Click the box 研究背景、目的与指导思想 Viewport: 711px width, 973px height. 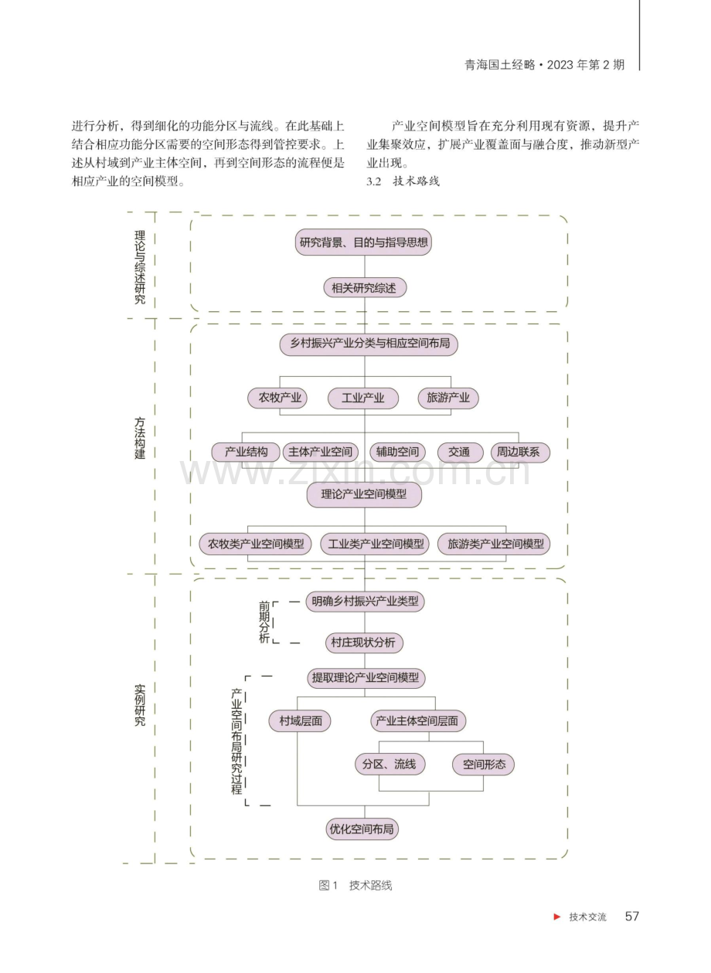click(x=363, y=242)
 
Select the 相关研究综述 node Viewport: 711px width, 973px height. click(x=365, y=287)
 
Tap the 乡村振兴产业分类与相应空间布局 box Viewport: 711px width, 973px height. click(x=369, y=343)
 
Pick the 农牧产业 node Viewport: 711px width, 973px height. click(x=277, y=398)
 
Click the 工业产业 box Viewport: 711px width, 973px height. click(x=363, y=398)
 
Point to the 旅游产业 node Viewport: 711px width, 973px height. click(x=448, y=398)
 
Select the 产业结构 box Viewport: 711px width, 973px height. click(x=246, y=453)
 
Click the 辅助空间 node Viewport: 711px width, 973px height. click(x=397, y=453)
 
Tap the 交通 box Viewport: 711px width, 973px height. click(x=460, y=453)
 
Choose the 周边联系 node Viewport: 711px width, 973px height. click(x=520, y=453)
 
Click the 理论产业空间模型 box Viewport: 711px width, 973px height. click(x=364, y=494)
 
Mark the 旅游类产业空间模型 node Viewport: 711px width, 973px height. click(x=493, y=544)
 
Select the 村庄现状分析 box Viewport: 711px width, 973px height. click(x=364, y=642)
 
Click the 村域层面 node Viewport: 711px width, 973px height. click(x=300, y=720)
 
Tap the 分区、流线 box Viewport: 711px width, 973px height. click(x=390, y=764)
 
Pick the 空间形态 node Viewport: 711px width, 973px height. click(x=483, y=764)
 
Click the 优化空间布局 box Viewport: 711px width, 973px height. click(x=362, y=829)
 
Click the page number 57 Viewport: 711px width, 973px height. click(x=632, y=917)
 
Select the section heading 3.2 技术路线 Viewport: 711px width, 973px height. click(x=403, y=181)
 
